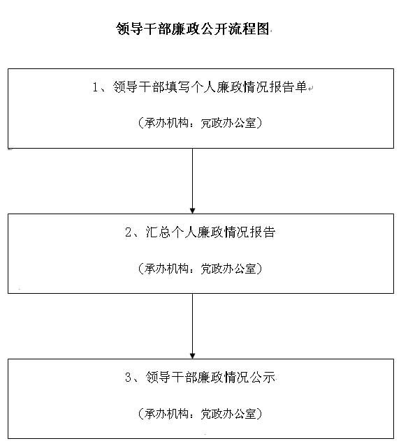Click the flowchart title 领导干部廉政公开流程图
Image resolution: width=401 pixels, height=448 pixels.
193,29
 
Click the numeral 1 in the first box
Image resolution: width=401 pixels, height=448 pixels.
95,87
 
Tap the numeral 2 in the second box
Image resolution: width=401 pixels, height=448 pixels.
128,232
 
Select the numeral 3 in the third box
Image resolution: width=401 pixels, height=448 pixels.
128,377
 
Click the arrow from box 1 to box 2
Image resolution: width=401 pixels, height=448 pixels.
193,181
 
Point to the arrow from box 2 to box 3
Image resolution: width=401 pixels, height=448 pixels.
193,326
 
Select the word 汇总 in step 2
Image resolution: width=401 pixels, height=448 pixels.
158,232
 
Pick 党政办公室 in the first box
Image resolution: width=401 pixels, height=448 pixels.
228,123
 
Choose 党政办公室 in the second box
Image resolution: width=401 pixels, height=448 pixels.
228,268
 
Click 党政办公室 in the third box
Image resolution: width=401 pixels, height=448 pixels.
228,413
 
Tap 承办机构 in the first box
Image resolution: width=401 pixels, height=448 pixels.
166,123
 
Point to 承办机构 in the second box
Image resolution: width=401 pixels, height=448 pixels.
166,268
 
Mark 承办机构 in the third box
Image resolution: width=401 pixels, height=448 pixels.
166,413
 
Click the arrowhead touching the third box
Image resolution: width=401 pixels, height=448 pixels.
193,356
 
